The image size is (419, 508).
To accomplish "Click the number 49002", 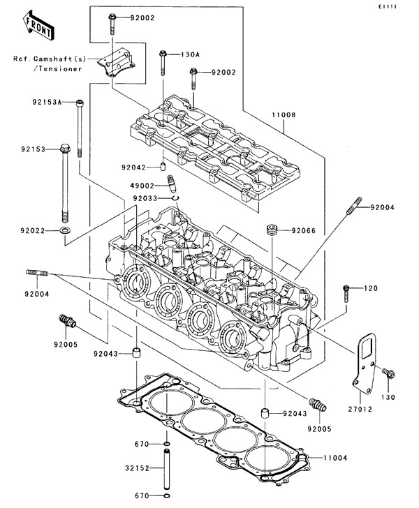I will [x=142, y=186].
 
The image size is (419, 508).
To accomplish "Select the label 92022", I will [x=33, y=230].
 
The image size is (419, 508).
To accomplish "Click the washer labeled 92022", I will [x=65, y=230].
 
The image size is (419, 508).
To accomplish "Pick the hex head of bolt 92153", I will [x=65, y=148].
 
